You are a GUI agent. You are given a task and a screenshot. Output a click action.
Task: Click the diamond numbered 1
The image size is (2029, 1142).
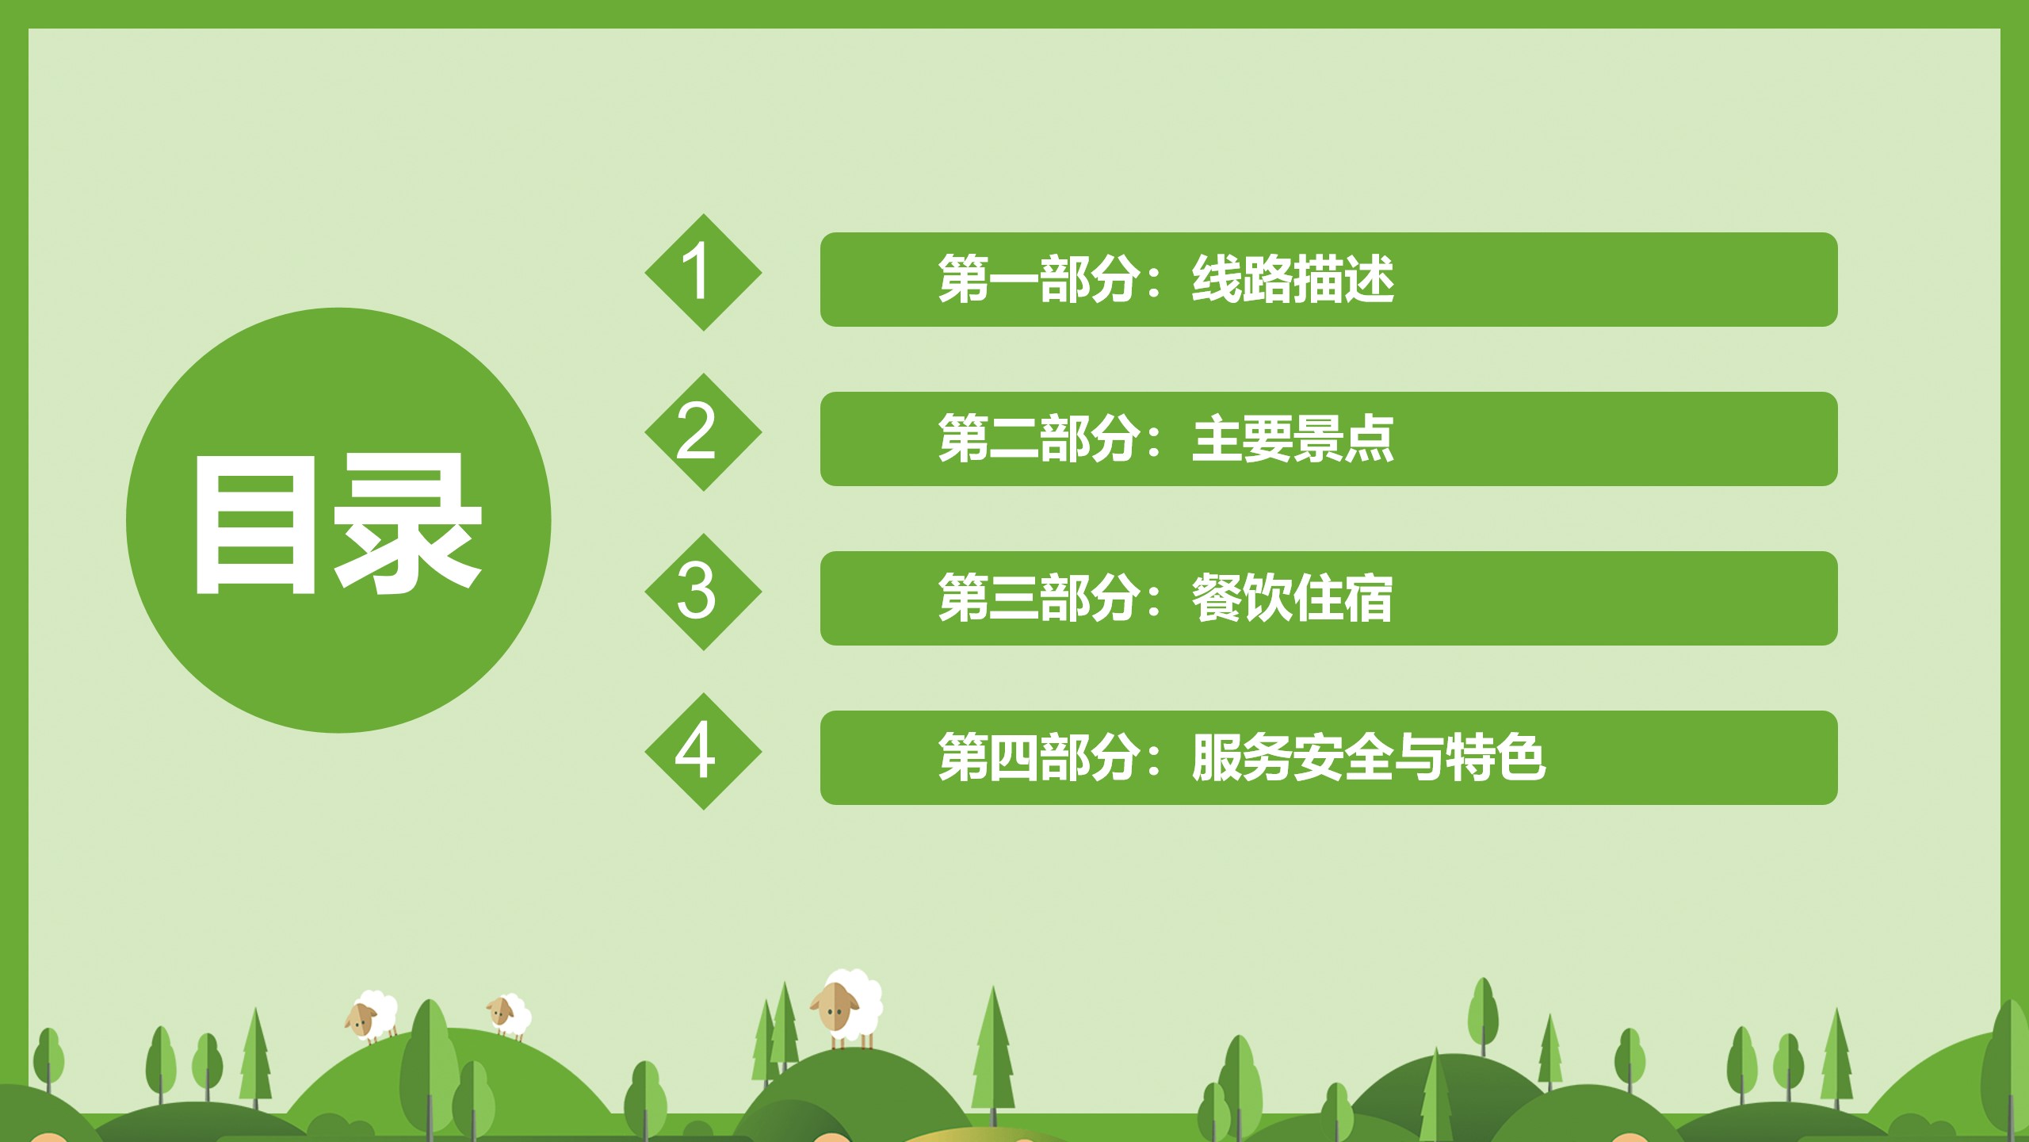tap(703, 272)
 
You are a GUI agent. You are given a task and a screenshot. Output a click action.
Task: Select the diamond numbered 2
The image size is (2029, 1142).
tap(703, 432)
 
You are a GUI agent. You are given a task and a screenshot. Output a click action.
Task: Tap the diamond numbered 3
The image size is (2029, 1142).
tap(703, 592)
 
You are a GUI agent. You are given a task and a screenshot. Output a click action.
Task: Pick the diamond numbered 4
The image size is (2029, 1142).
tap(703, 751)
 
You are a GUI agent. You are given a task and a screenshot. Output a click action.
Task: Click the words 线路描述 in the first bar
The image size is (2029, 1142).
tap(1293, 279)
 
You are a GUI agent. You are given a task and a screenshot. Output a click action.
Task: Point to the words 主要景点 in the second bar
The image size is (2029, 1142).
tap(1293, 439)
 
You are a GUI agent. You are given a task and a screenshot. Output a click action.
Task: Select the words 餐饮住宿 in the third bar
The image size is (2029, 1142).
tap(1293, 598)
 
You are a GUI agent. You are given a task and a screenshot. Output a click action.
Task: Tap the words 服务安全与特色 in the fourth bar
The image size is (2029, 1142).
tap(1369, 757)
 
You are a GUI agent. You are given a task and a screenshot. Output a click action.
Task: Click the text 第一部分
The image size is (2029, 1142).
tap(1038, 279)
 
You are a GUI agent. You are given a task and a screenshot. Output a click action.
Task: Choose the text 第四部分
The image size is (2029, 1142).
tap(1038, 757)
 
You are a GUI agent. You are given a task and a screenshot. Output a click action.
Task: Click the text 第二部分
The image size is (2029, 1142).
tap(1038, 439)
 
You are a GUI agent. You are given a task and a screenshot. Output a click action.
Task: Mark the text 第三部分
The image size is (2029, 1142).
tap(1038, 598)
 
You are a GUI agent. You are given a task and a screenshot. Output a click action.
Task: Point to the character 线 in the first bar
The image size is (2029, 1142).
tap(1217, 279)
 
